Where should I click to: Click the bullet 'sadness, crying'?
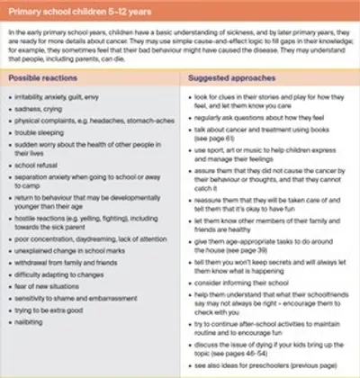pyautogui.click(x=45, y=107)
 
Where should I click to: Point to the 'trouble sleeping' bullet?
pyautogui.click(x=45, y=130)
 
